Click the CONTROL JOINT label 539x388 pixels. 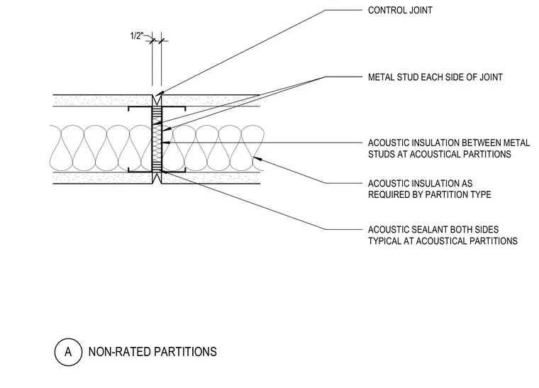tap(400, 11)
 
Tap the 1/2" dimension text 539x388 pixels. tap(136, 35)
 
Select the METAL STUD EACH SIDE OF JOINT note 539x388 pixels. tap(435, 77)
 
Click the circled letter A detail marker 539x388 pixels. tap(68, 352)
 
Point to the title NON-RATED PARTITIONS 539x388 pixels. tap(152, 352)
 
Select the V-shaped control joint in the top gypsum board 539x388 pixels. tap(157, 100)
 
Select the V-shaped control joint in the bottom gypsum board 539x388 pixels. tap(157, 178)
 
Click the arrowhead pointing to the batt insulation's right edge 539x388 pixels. tap(257, 158)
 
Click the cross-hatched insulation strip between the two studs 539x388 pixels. tap(157, 139)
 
